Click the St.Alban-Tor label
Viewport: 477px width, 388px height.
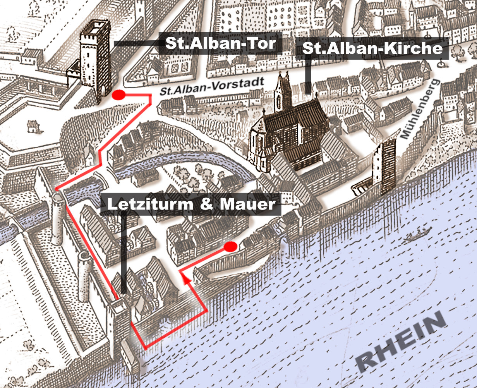[220, 43]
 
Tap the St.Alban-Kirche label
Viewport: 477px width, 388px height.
[372, 49]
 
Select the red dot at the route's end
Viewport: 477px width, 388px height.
[231, 246]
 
